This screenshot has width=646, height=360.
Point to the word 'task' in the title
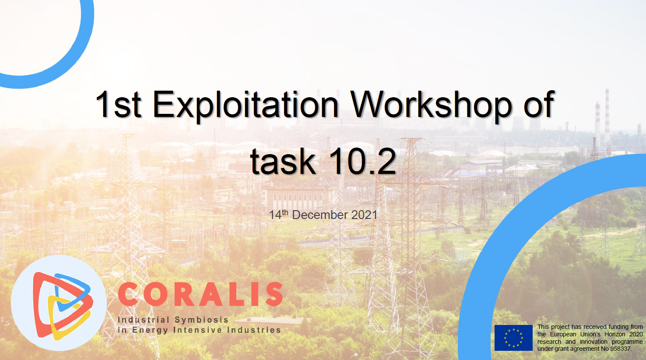coord(283,161)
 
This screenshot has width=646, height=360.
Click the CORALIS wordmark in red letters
coord(200,294)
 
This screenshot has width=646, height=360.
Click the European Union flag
coord(513,338)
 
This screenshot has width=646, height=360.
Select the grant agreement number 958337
coord(621,349)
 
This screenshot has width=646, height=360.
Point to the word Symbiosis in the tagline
coord(202,320)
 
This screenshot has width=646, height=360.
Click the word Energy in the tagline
coord(150,330)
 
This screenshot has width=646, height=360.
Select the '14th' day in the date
coord(279,215)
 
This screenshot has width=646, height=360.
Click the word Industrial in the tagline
coord(144,320)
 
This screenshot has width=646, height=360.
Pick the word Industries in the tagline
coord(254,330)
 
